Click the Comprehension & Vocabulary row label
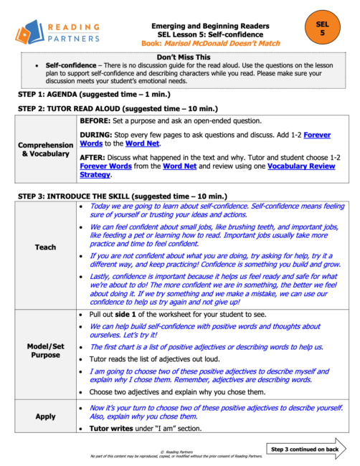[x=46, y=149]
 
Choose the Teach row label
[x=45, y=247]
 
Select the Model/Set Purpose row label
[x=45, y=349]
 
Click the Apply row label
[x=45, y=417]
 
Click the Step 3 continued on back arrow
[x=308, y=449]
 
